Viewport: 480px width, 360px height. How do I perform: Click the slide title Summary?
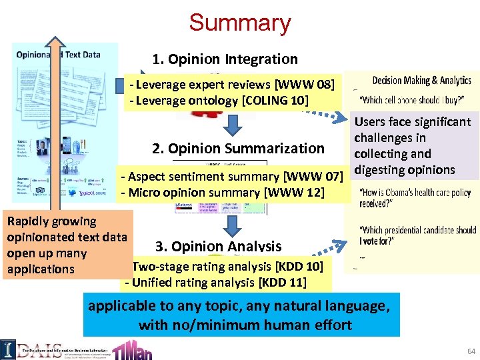point(240,22)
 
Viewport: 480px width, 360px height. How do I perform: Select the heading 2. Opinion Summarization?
point(238,148)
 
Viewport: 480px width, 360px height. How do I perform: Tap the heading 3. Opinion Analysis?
point(218,246)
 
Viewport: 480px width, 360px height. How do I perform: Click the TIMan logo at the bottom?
point(141,349)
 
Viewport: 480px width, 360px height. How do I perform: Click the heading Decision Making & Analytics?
point(421,81)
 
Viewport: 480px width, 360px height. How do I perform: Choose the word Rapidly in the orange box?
point(25,221)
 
